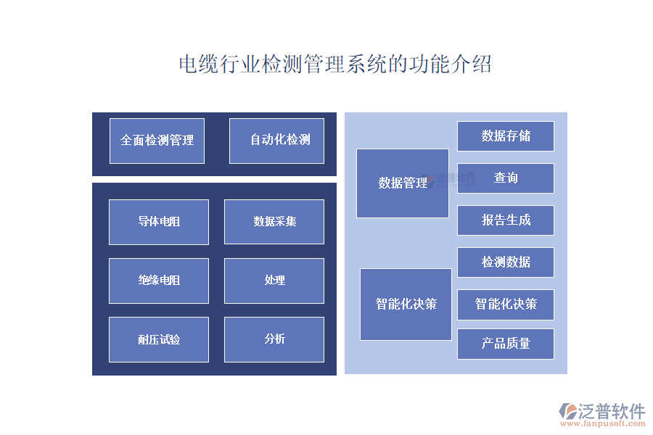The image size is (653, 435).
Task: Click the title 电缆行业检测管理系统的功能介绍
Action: click(335, 65)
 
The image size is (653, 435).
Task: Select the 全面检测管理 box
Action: click(157, 141)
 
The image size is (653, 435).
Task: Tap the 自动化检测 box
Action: click(276, 141)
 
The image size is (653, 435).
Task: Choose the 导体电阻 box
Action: click(159, 222)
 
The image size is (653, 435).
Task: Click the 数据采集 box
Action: click(274, 222)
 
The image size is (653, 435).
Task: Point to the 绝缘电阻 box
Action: click(159, 281)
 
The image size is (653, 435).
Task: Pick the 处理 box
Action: click(274, 281)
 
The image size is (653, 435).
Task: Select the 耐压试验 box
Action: click(159, 339)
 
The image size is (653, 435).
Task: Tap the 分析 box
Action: click(274, 339)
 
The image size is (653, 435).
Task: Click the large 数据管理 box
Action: click(403, 183)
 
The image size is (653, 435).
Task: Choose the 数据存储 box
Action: click(506, 136)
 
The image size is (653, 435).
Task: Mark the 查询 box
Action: click(506, 178)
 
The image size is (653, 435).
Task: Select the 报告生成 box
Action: click(506, 220)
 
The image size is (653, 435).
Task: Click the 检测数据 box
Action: click(506, 262)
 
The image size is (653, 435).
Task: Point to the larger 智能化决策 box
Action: click(406, 304)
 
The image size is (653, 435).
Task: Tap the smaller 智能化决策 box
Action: click(506, 304)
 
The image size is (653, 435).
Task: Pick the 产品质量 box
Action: click(506, 344)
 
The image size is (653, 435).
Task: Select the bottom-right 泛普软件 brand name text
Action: click(611, 411)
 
